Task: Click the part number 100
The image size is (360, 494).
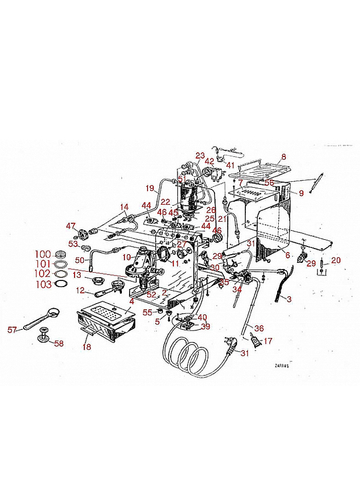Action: click(x=42, y=254)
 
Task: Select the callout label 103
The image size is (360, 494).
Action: click(x=42, y=285)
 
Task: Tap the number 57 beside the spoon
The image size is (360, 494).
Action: click(x=12, y=330)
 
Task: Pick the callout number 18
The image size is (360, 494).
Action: click(x=86, y=347)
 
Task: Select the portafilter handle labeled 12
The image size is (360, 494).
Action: click(x=96, y=293)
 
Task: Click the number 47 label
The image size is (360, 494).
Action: click(x=70, y=226)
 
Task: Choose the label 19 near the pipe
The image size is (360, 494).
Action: click(x=150, y=188)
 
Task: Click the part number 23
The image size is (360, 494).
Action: click(x=200, y=155)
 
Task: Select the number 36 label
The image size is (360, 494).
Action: click(x=259, y=328)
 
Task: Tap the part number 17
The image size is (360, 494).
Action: click(x=268, y=341)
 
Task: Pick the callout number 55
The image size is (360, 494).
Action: click(x=147, y=312)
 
